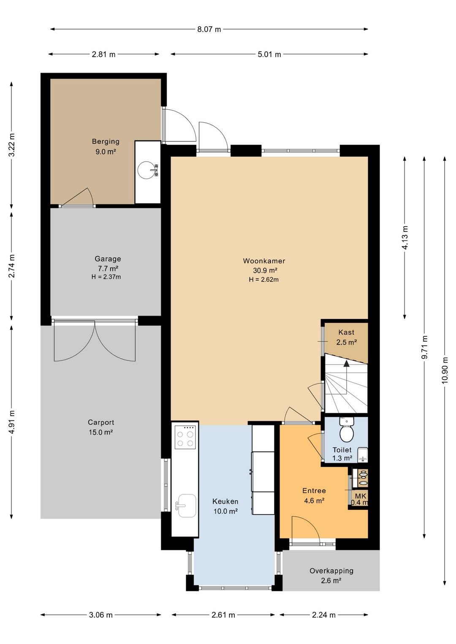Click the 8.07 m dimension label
click(209, 29)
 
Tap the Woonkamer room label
click(264, 261)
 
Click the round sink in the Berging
click(148, 170)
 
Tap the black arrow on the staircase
click(346, 364)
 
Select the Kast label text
click(346, 333)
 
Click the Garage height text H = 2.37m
click(106, 277)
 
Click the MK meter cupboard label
click(361, 496)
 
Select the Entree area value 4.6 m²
click(314, 501)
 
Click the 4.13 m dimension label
click(405, 238)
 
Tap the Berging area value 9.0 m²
click(106, 152)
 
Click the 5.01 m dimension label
click(269, 54)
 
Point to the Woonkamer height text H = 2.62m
click(264, 279)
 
